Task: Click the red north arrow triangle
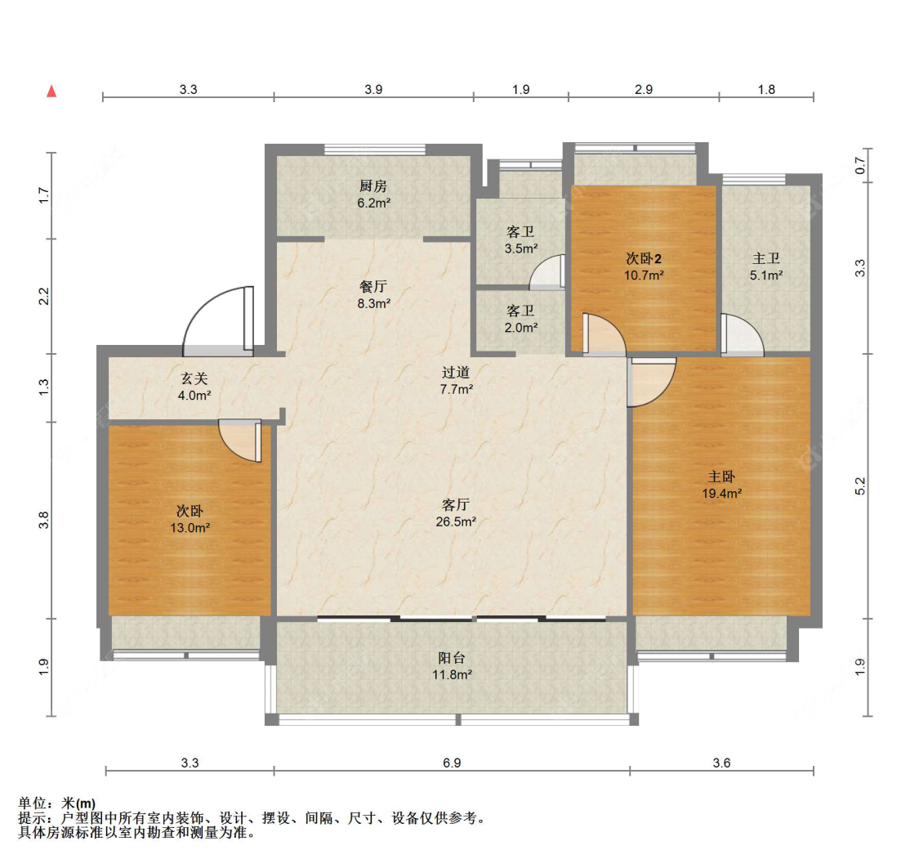tap(51, 91)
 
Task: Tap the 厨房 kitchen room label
tap(373, 186)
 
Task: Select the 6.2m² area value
tap(374, 203)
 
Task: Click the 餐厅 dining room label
tap(373, 287)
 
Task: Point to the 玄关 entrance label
tap(194, 379)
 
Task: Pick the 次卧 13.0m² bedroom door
tap(240, 441)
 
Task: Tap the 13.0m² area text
tap(190, 528)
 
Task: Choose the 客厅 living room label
tap(455, 505)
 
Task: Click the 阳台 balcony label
tap(452, 658)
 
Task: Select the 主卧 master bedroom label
tap(721, 477)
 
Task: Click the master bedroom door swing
tap(652, 383)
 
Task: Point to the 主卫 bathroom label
tap(766, 258)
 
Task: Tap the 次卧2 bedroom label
tap(644, 258)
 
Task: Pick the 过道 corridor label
tap(456, 373)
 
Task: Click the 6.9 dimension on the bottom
tap(452, 763)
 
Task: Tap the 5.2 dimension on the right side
tap(860, 486)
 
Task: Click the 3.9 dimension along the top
tap(373, 90)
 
